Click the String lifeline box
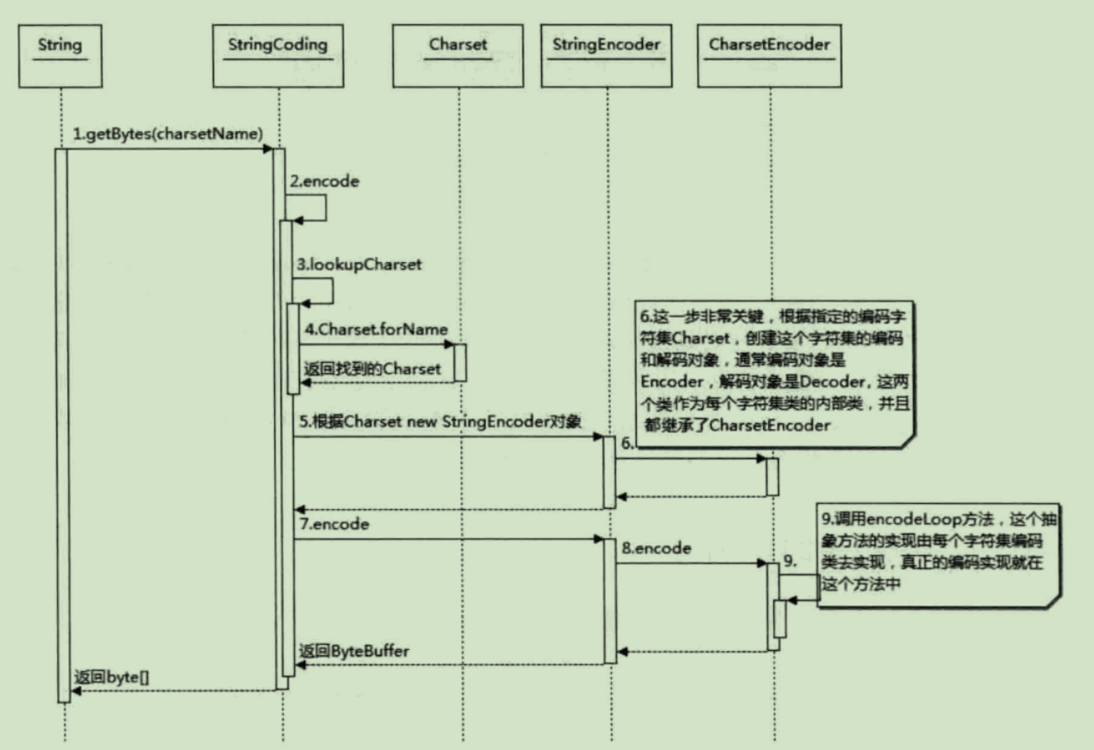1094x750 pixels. [60, 57]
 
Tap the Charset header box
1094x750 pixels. [458, 57]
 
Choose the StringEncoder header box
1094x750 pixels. [607, 57]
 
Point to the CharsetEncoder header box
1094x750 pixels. [770, 57]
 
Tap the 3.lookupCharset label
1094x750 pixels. [357, 264]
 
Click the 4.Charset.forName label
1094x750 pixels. [376, 330]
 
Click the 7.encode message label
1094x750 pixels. [334, 525]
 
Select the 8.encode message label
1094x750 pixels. [657, 548]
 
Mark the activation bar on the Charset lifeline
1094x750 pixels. [460, 362]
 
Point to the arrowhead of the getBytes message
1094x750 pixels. [268, 149]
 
